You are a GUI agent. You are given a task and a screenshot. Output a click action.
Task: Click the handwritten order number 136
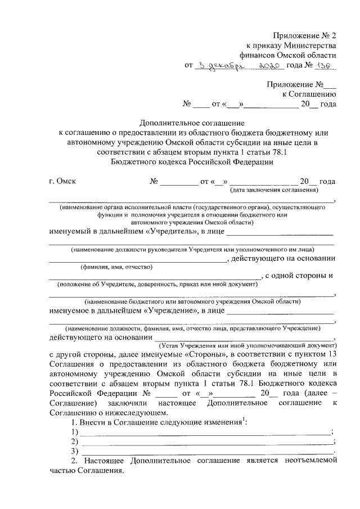pos(326,66)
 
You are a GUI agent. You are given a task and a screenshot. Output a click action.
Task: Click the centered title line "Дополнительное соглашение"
pos(192,122)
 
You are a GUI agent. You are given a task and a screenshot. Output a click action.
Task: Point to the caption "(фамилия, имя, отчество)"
pos(116,267)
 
